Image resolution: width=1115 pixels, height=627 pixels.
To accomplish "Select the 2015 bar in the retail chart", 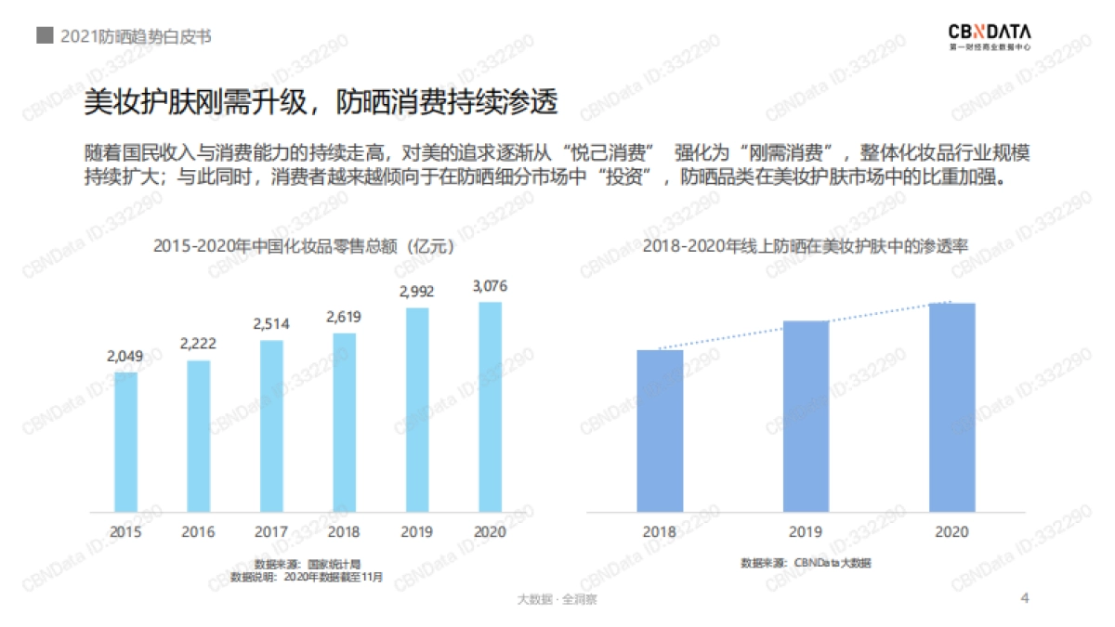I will (x=125, y=442).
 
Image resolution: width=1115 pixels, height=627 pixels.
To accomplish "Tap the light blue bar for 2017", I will (x=271, y=426).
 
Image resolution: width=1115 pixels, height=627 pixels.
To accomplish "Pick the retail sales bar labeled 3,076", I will (x=490, y=407).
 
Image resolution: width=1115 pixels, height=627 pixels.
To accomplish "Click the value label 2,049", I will (x=125, y=356).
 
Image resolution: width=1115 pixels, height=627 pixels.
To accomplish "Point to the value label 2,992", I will (x=417, y=292).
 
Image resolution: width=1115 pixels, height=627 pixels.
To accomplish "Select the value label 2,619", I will (x=344, y=317).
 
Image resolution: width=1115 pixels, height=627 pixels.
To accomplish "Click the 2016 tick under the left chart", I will (x=198, y=532).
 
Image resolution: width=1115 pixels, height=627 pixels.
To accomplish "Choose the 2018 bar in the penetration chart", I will (x=661, y=430).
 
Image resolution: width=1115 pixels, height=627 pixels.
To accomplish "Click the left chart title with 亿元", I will (x=305, y=247).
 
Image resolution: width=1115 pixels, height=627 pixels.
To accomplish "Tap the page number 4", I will (x=1025, y=597).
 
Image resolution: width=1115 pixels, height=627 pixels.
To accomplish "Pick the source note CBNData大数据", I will (x=807, y=563).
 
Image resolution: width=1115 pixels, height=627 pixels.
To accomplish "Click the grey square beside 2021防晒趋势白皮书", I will (x=44, y=35).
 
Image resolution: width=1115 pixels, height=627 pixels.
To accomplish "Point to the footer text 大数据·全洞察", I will (x=557, y=599).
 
